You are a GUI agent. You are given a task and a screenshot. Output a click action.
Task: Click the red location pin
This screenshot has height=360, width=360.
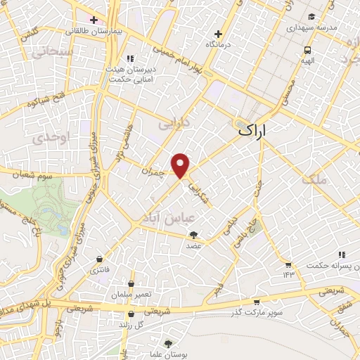pyautogui.click(x=181, y=165)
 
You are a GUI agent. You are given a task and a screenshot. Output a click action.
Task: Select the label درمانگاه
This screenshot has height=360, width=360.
pyautogui.click(x=219, y=44)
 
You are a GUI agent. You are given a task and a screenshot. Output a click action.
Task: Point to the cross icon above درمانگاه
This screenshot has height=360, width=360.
pyautogui.click(x=219, y=33)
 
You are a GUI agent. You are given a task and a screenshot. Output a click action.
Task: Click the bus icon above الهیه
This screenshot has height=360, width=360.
pyautogui.click(x=308, y=50)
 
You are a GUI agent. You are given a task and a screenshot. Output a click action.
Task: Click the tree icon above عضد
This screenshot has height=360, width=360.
pyautogui.click(x=194, y=236)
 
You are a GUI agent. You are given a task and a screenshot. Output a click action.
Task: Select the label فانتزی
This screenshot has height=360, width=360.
pyautogui.click(x=98, y=269)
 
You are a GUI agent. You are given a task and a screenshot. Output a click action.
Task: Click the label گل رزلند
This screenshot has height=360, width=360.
pyautogui.click(x=130, y=326)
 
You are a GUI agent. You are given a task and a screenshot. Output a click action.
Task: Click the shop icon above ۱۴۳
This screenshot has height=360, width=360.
pyautogui.click(x=288, y=264)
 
